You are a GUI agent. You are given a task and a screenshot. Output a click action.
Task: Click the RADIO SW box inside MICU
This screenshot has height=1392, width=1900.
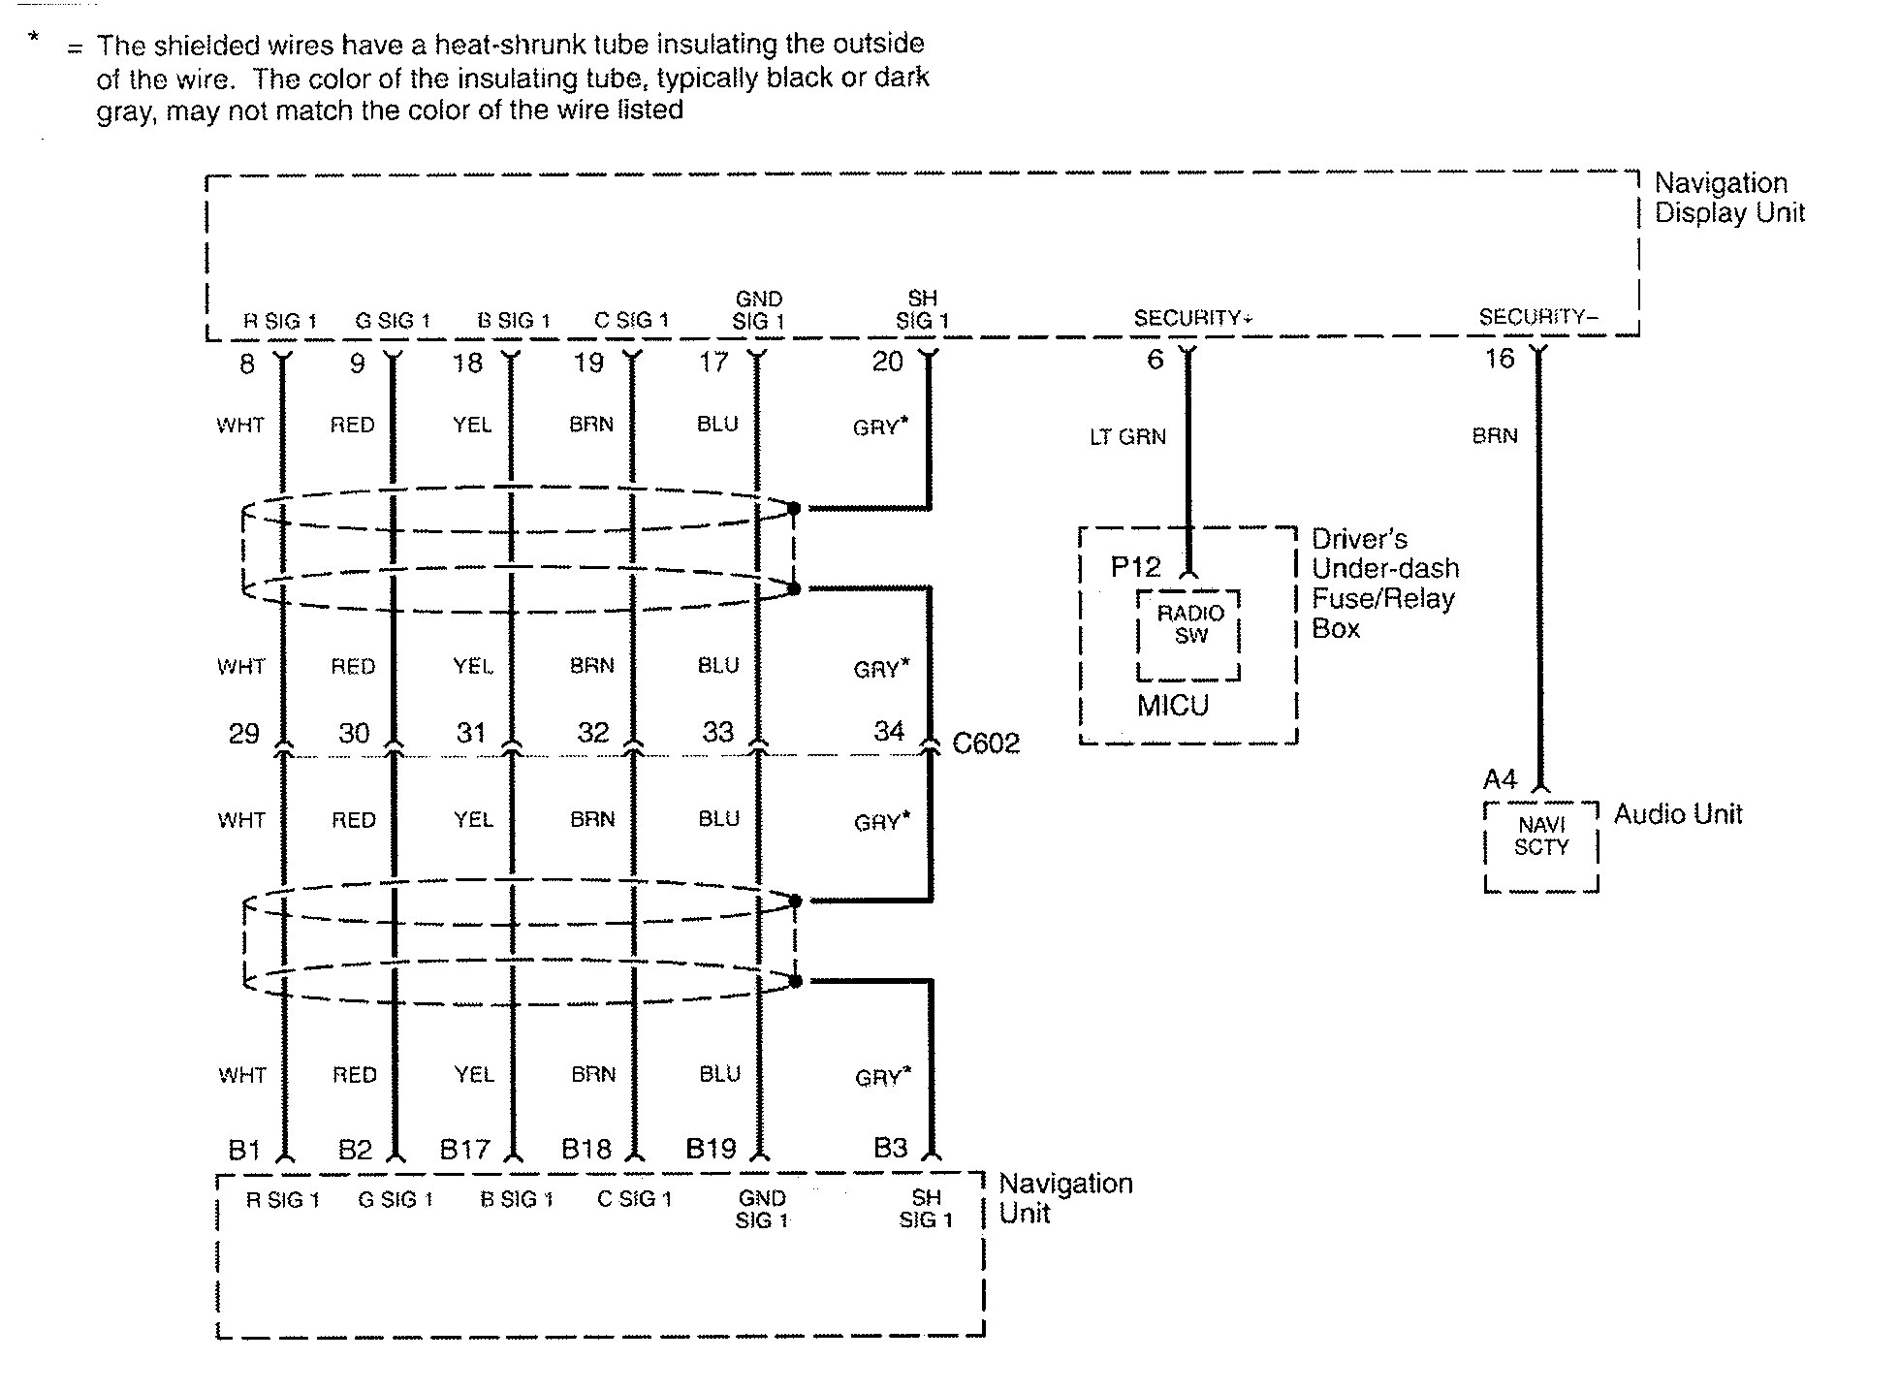(1189, 625)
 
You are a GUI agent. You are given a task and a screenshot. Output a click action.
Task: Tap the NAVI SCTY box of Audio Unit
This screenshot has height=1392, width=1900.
(1540, 836)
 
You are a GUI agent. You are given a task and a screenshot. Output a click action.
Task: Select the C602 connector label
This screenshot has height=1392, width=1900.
(986, 743)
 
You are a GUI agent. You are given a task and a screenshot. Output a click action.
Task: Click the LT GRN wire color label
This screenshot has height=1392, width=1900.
(1127, 437)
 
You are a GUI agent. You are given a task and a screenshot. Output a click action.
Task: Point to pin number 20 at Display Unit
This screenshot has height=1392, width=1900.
(887, 362)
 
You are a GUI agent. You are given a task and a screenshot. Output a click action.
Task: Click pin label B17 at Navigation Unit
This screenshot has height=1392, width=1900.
(464, 1150)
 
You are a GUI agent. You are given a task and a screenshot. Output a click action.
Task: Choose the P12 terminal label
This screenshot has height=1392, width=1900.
(1134, 567)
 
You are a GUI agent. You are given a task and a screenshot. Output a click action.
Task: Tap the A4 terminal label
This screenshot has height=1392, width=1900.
(1499, 779)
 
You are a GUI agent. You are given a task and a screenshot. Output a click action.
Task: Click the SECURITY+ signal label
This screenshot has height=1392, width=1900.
(1192, 318)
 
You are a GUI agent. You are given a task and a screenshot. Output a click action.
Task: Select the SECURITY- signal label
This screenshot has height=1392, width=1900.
(1538, 317)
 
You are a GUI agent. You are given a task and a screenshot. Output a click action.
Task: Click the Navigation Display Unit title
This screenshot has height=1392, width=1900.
(1728, 198)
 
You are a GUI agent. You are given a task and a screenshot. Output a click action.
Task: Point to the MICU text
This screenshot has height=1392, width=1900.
(1172, 706)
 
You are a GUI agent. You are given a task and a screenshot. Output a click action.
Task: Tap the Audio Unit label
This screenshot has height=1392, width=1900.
(1677, 814)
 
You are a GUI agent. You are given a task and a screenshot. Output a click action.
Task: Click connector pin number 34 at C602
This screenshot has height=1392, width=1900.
(889, 731)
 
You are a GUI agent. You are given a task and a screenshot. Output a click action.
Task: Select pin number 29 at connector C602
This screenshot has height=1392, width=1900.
(243, 733)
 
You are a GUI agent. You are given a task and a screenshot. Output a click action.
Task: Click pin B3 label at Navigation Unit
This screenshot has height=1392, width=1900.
(890, 1148)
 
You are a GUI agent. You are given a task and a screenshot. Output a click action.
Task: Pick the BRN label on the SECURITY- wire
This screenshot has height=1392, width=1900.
(1494, 436)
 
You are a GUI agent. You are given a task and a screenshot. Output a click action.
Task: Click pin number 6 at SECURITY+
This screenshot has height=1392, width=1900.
(1155, 360)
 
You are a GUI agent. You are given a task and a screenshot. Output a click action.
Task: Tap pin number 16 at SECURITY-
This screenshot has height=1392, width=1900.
(1499, 359)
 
